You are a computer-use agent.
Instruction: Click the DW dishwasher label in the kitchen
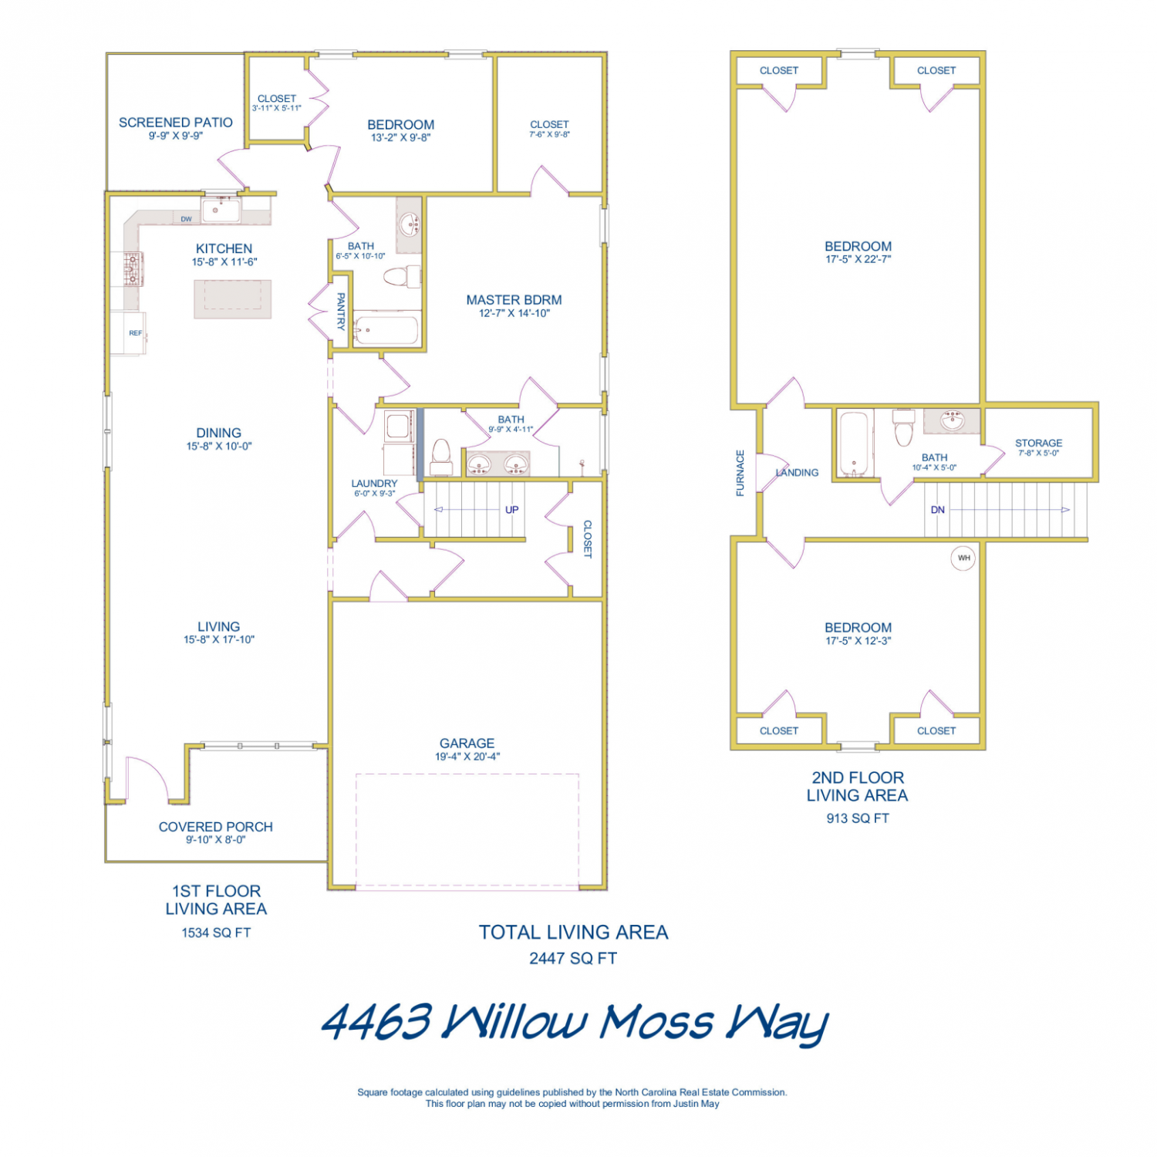(186, 219)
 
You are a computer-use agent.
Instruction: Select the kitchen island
(232, 299)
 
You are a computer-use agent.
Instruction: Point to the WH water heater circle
(963, 558)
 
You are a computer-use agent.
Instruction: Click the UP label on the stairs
(512, 510)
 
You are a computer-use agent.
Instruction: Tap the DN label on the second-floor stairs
(938, 510)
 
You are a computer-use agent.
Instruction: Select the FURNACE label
(740, 473)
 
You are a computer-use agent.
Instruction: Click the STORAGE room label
(1038, 443)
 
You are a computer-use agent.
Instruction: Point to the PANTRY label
(341, 311)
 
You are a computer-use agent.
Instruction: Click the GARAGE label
(467, 743)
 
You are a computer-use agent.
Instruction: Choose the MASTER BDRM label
(514, 300)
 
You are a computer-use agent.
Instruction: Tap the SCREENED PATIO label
(176, 122)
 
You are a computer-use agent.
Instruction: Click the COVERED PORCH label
(216, 827)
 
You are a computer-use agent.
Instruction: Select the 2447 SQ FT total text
(573, 958)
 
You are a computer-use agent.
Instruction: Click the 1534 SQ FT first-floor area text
(216, 933)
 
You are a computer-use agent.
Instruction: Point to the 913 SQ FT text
(858, 818)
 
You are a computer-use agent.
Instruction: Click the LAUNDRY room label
(374, 484)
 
